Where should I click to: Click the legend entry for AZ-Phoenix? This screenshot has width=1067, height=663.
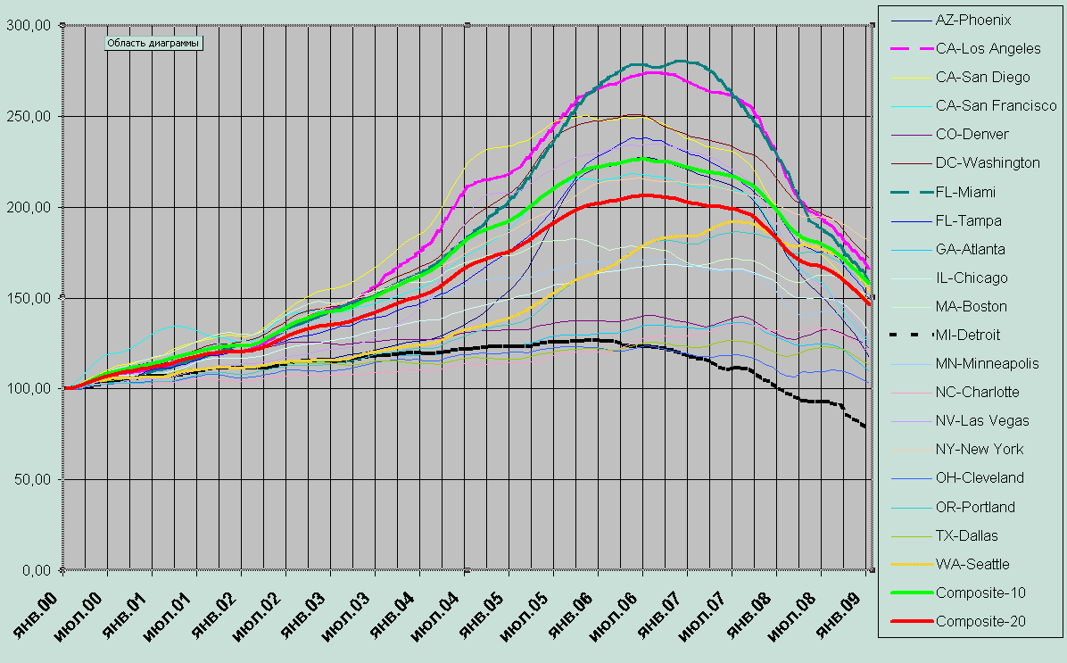click(973, 19)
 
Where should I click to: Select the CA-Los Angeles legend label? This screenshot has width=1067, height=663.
click(988, 48)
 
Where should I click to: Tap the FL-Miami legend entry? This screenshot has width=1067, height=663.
click(966, 192)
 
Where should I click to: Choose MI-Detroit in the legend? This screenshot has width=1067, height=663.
click(969, 335)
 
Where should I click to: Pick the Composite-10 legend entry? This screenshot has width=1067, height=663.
click(980, 593)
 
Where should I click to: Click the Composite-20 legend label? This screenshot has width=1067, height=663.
click(980, 621)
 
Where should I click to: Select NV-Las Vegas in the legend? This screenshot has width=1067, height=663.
click(982, 420)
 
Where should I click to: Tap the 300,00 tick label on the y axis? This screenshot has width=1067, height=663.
click(29, 25)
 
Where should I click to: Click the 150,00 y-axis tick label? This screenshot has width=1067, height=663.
click(29, 297)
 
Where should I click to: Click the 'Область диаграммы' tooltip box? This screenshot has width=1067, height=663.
click(153, 42)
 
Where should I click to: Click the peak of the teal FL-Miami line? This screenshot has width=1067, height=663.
click(685, 61)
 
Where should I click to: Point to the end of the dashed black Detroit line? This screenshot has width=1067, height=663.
click(864, 427)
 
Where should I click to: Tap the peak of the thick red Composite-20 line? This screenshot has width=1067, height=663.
click(642, 195)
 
